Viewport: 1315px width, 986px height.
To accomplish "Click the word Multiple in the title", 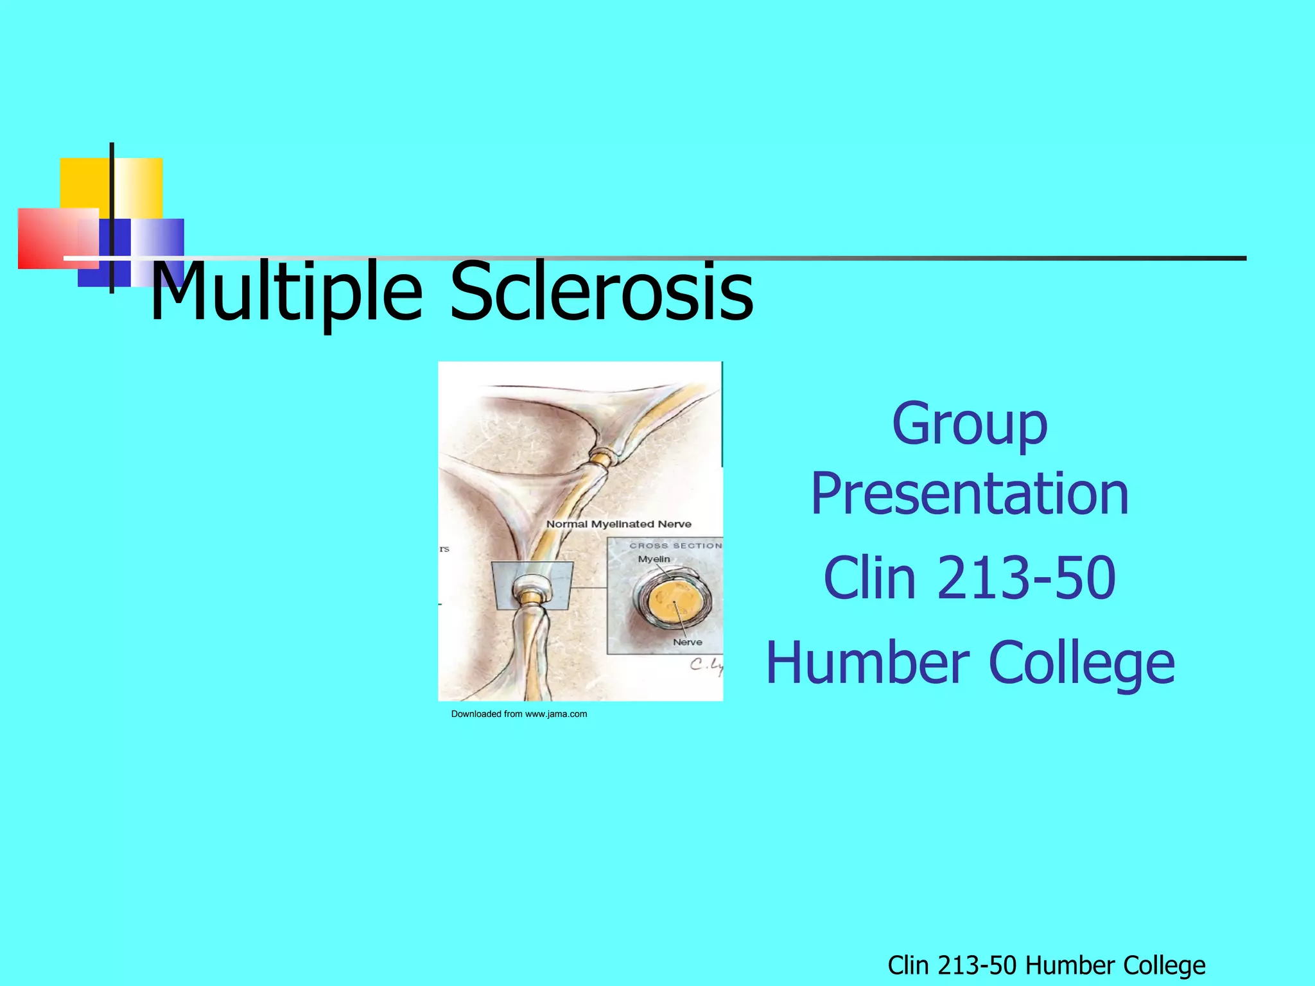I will point(286,292).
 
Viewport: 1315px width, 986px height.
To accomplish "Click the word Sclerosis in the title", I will point(601,292).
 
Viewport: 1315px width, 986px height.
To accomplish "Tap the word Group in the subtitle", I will point(970,424).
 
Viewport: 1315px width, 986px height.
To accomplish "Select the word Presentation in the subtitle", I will point(970,494).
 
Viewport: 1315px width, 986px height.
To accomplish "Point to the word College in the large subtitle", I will point(1082,663).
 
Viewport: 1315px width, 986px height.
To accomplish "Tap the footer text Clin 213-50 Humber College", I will point(1046,965).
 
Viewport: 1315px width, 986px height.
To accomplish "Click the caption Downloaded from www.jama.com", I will point(519,714).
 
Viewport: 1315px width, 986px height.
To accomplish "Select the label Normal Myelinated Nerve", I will point(618,524).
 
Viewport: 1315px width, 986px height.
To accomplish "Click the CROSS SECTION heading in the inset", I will point(675,546).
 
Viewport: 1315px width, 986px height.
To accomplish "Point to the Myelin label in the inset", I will point(654,559).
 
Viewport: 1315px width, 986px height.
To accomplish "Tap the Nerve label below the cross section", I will point(687,642).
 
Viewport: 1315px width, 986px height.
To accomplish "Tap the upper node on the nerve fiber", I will point(602,459).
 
